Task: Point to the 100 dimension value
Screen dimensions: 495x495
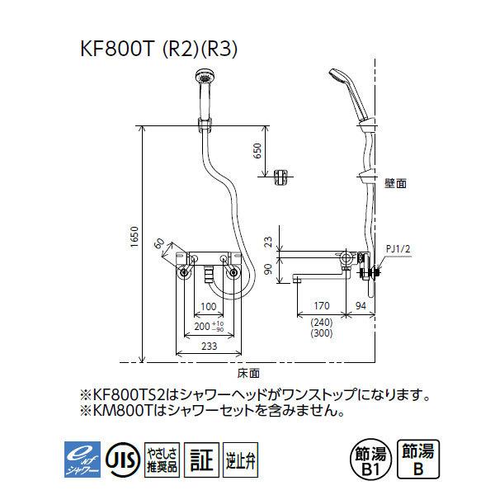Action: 210,307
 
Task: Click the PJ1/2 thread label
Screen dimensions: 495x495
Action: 398,248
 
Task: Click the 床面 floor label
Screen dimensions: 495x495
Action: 247,372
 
